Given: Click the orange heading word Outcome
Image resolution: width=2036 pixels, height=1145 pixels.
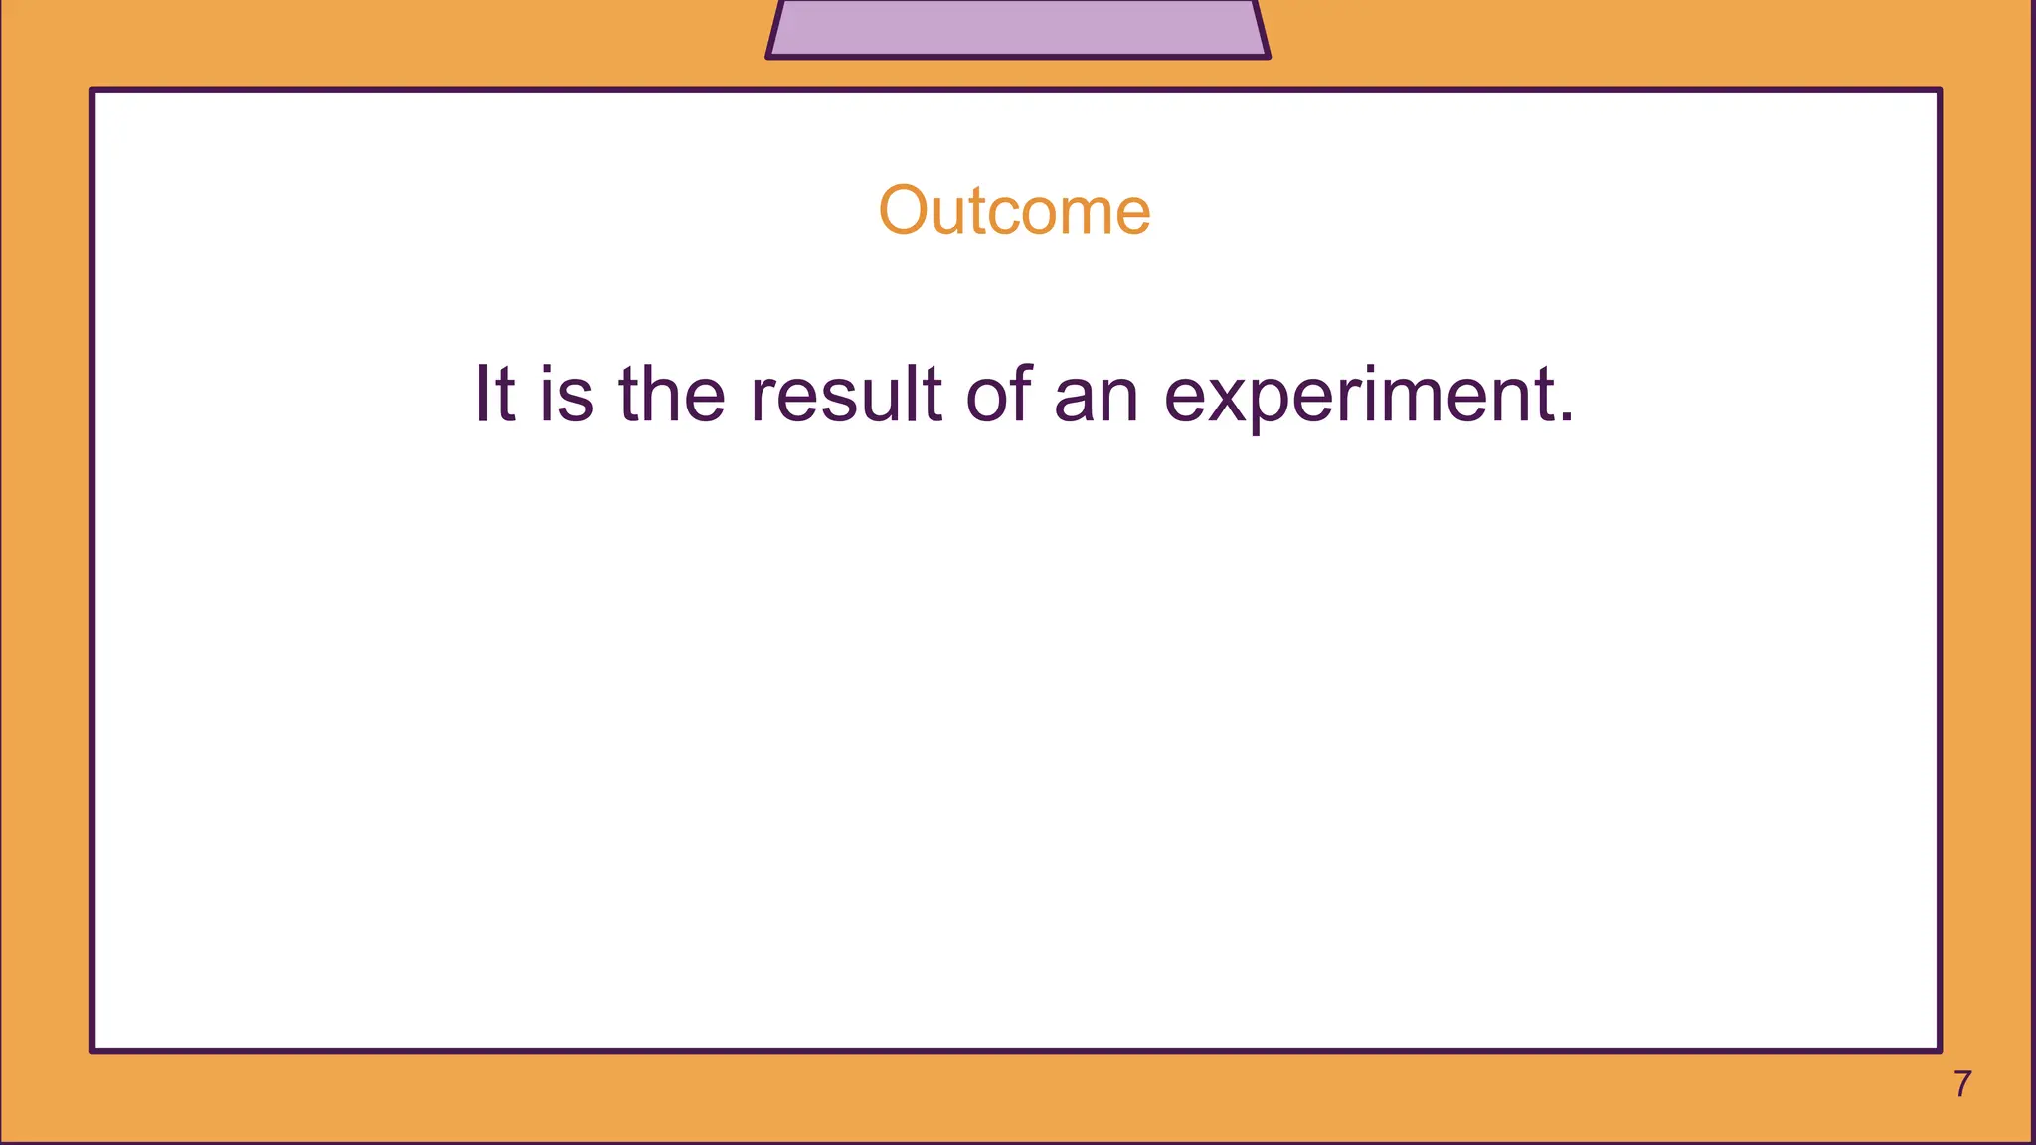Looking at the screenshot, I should (x=1014, y=211).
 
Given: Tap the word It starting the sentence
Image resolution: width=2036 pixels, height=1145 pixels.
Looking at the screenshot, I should (x=494, y=394).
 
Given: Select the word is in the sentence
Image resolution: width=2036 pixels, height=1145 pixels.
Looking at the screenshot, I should (x=567, y=394).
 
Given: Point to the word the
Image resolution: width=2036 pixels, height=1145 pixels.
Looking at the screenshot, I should (x=672, y=394).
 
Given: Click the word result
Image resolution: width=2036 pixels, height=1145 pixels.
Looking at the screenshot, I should (x=845, y=394).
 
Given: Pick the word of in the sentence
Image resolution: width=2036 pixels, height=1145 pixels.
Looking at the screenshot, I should (x=999, y=394).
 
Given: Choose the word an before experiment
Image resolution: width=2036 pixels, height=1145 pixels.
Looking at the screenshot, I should (x=1096, y=396).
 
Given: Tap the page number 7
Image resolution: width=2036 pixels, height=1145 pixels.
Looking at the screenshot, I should (x=1962, y=1084).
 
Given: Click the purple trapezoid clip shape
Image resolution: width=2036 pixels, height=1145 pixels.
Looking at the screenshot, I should (x=1017, y=28).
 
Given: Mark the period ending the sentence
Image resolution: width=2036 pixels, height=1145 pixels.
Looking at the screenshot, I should (x=1567, y=417).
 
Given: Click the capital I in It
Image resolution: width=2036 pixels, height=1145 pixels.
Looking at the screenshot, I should (x=481, y=394).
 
